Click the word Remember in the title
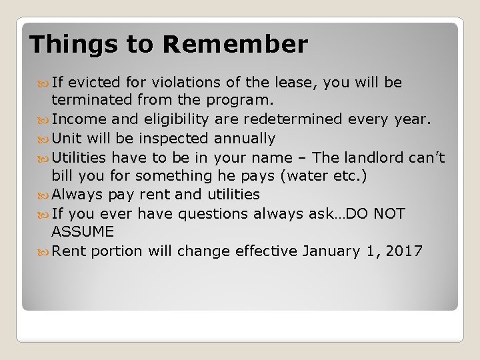235,44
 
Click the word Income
75,120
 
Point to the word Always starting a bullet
75,195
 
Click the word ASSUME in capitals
82,232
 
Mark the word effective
264,251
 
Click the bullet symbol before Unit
45,139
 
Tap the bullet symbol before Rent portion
45,251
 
